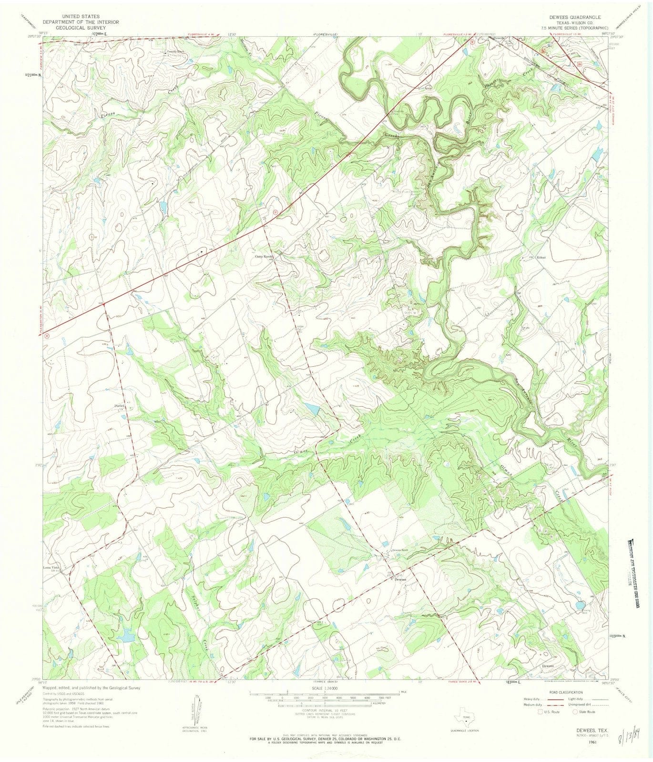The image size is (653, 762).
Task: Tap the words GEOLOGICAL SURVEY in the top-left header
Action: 74,28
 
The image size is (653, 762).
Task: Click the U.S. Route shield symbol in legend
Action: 539,712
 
